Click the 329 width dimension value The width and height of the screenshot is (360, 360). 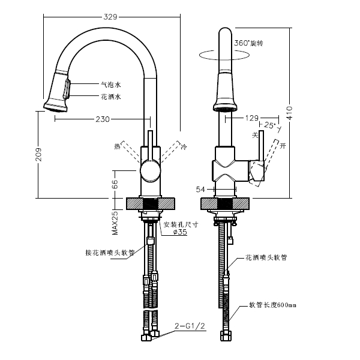click(110, 17)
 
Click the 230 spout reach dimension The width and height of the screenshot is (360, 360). click(103, 119)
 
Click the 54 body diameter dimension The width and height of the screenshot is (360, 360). click(201, 190)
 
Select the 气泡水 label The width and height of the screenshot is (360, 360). click(110, 85)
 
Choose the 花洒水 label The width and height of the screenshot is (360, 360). click(110, 97)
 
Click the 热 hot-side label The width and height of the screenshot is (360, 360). click(117, 146)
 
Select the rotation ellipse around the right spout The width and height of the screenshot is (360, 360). click(225, 55)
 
